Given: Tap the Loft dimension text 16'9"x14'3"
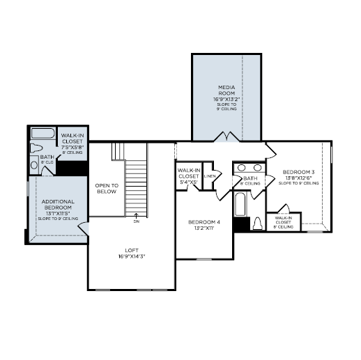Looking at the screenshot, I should [131, 256].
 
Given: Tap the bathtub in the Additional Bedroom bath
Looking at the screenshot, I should [43, 134].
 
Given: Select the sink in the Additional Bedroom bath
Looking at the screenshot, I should [33, 165].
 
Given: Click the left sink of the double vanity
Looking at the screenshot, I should [240, 168].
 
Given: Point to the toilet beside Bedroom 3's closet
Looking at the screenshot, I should [257, 224].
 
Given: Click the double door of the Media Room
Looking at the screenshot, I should [226, 136].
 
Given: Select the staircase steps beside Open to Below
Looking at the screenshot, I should [137, 185].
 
